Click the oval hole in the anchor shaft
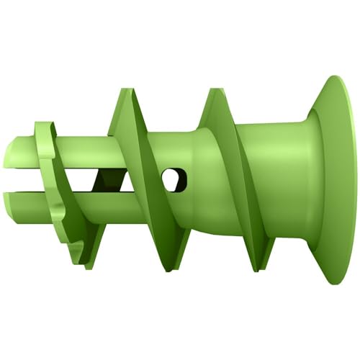pos(173,179)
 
